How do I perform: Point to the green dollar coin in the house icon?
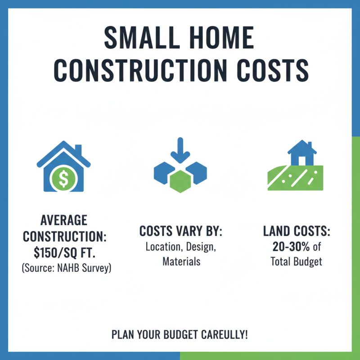pyautogui.click(x=63, y=178)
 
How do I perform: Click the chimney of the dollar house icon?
pyautogui.click(x=78, y=150)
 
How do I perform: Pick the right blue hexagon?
pyautogui.click(x=196, y=171)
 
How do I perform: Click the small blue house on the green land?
pyautogui.click(x=301, y=153)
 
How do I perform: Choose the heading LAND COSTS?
pyautogui.click(x=297, y=232)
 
